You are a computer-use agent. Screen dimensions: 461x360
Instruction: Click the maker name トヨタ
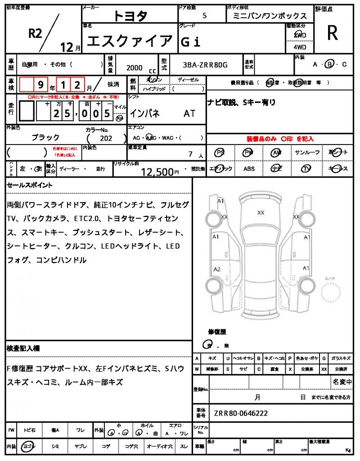coord(130,16)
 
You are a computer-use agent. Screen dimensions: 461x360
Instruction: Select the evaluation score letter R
coord(332,32)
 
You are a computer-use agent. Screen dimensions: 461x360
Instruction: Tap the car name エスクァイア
coord(129,41)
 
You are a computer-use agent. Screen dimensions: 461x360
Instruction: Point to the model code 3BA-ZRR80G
coord(205,65)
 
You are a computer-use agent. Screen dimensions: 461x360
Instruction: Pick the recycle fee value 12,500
coord(157,172)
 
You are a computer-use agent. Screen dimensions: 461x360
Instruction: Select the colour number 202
coord(107,139)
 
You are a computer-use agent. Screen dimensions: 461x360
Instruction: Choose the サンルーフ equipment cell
coord(307,153)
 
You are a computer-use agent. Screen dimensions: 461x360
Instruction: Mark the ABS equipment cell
coord(249,169)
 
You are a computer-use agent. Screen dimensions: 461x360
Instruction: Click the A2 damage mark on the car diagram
coord(217,269)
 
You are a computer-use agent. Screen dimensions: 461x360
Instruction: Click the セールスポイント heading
coord(30,185)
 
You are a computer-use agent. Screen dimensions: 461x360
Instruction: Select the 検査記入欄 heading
coord(23,348)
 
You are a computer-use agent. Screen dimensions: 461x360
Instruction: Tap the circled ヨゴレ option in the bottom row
coord(30,446)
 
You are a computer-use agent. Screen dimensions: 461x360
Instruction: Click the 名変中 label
coord(342,382)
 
